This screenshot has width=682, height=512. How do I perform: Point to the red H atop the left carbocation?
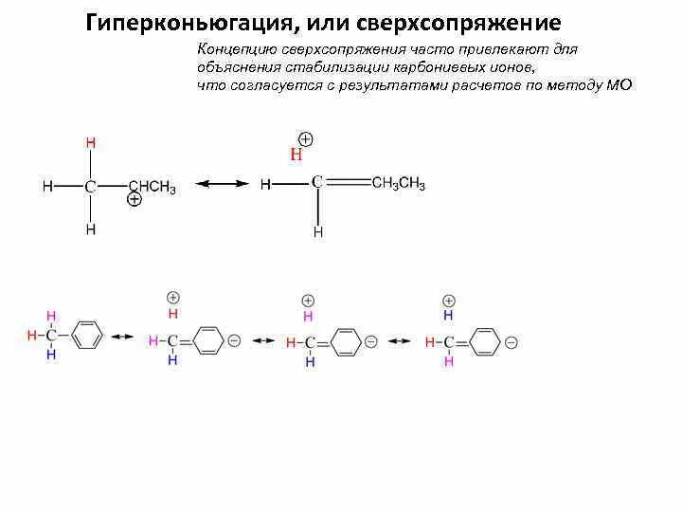91,143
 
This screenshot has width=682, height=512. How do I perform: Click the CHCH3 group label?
152,187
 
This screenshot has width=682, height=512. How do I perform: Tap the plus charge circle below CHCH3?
135,200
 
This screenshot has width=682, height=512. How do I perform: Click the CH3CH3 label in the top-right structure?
398,184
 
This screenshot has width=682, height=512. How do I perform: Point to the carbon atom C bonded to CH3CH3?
319,181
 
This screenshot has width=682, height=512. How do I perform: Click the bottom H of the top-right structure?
319,231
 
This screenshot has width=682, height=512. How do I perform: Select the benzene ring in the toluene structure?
86,337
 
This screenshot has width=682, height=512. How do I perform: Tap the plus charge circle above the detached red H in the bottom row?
172,298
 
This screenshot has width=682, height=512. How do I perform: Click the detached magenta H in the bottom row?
308,317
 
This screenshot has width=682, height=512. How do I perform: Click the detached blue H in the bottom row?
449,315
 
